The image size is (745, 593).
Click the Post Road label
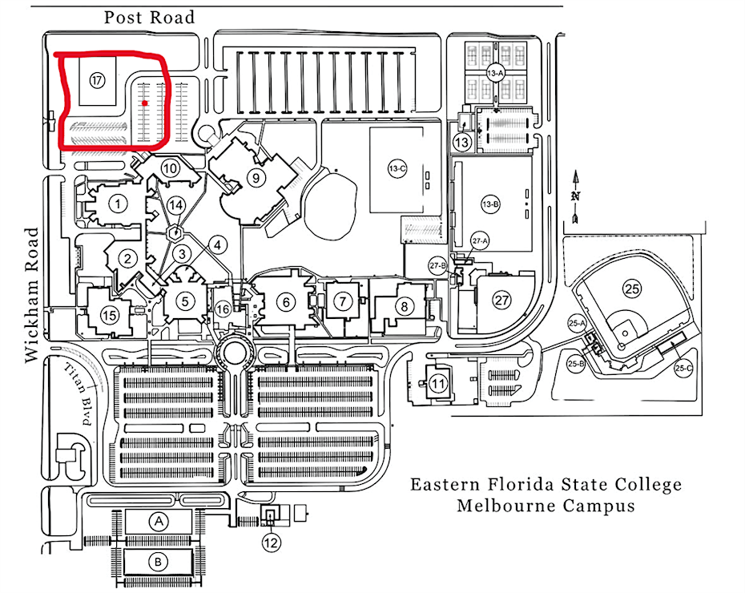(x=150, y=17)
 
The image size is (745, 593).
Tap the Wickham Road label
(x=33, y=295)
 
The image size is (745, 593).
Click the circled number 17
(x=98, y=80)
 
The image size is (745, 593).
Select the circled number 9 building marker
(x=256, y=177)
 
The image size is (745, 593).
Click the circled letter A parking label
(x=159, y=522)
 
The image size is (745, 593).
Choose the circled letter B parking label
(x=159, y=562)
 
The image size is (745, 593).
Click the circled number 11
(x=437, y=383)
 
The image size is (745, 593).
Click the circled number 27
(x=502, y=301)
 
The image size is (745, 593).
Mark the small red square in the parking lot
(x=145, y=103)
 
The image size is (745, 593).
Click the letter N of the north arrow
(x=575, y=196)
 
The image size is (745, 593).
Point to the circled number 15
(x=109, y=315)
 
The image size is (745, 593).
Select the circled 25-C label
(x=683, y=369)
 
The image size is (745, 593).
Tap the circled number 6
(x=284, y=301)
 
